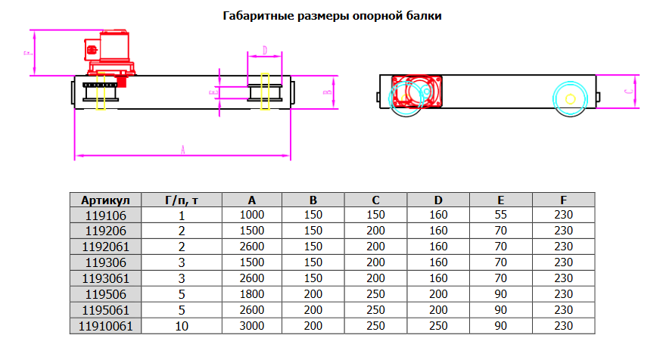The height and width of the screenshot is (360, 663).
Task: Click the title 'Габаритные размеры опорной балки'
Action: click(332, 16)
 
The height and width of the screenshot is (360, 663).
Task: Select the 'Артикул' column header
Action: click(105, 200)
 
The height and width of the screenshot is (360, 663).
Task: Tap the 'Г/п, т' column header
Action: click(181, 200)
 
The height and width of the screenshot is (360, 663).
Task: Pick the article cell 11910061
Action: click(105, 327)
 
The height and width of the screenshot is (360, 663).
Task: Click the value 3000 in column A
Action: click(251, 327)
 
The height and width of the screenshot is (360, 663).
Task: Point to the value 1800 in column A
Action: click(251, 294)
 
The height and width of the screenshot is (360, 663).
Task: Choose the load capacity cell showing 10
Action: click(181, 327)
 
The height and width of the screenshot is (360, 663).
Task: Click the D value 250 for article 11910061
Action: click(437, 327)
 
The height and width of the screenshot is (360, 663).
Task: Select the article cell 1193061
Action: click(105, 278)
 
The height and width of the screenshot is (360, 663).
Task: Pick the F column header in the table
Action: click(563, 200)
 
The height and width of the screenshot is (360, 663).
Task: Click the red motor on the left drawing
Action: click(110, 51)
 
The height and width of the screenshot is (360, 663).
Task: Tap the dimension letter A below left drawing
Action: click(183, 151)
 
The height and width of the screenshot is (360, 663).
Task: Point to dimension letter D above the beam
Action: click(264, 51)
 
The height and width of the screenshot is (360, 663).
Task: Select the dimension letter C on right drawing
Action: click(630, 91)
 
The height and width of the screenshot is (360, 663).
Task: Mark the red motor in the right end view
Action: click(416, 91)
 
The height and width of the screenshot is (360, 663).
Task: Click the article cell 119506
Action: click(105, 294)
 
